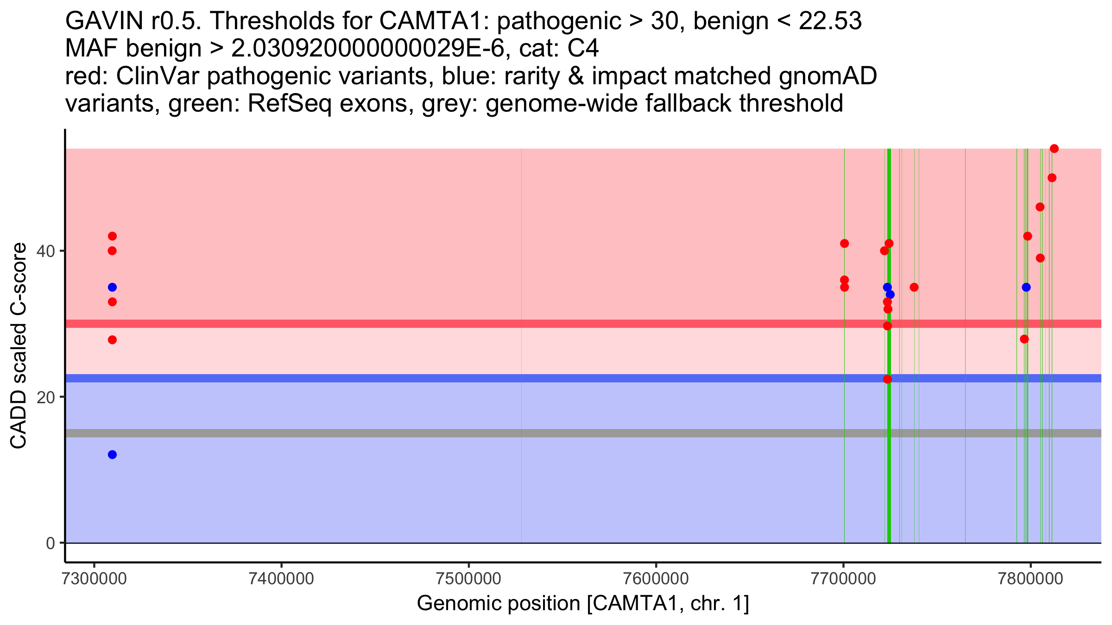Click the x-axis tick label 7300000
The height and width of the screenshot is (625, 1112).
point(94,579)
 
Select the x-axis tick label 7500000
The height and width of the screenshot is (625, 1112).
point(468,579)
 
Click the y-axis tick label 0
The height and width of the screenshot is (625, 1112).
point(50,543)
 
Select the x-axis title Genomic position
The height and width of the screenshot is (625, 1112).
point(582,604)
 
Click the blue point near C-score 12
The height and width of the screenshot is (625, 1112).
point(112,455)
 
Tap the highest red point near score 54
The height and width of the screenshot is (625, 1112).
point(1054,149)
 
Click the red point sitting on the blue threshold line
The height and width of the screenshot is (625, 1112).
point(887,379)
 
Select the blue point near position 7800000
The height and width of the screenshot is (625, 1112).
point(1026,287)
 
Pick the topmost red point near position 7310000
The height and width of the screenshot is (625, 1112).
point(112,236)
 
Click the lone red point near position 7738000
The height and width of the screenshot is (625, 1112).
point(914,287)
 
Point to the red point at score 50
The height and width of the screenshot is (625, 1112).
point(1052,178)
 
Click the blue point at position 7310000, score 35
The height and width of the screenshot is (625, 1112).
point(112,287)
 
